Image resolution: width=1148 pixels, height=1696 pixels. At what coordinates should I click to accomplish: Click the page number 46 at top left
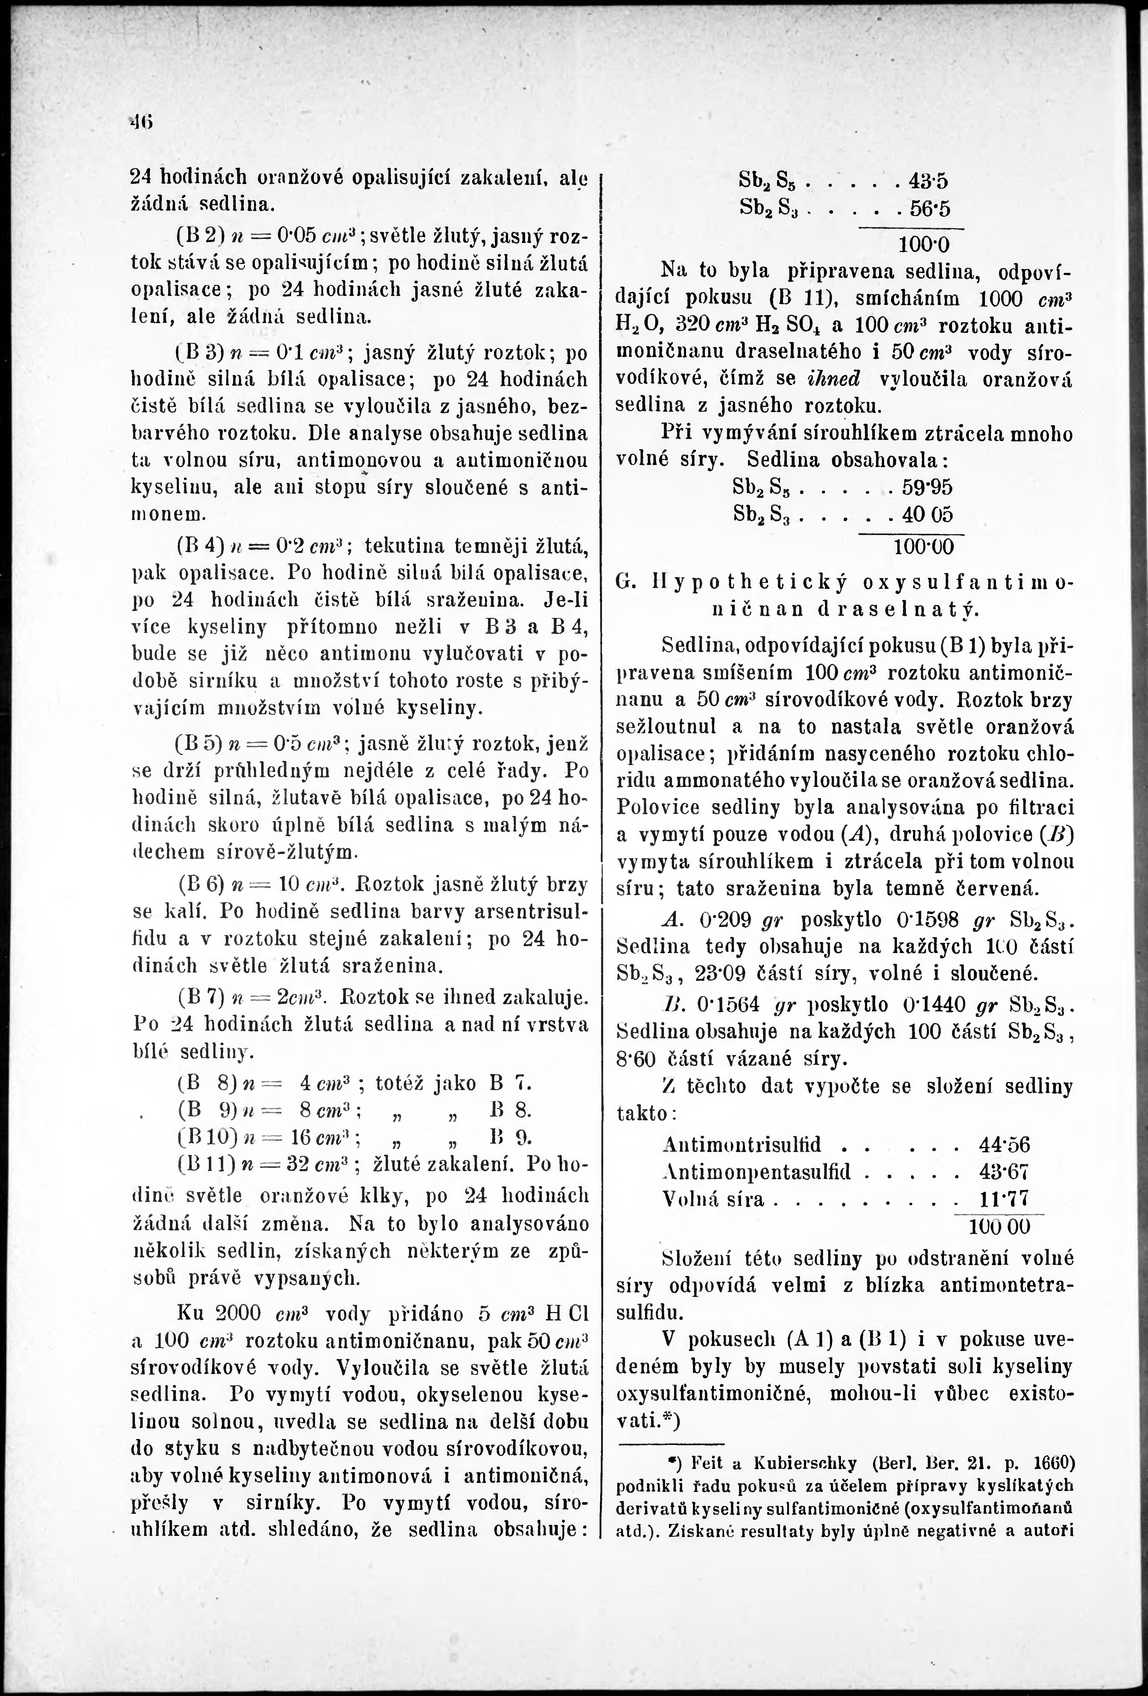(136, 120)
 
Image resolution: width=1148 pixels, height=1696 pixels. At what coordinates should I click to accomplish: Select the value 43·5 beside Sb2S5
(927, 180)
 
